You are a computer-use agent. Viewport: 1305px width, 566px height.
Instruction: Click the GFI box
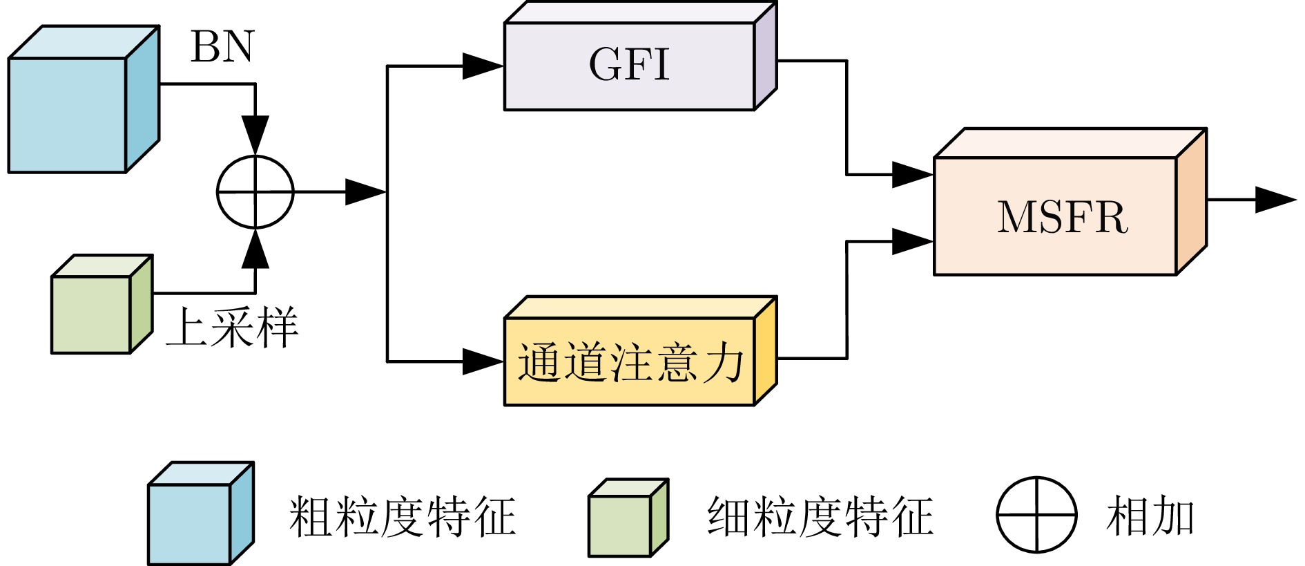click(629, 66)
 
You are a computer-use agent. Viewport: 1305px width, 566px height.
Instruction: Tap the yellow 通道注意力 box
click(629, 361)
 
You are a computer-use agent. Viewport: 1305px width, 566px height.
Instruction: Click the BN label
click(222, 47)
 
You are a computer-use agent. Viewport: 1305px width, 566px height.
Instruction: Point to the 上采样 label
click(232, 327)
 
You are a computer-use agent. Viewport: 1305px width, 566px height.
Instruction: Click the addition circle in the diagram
click(255, 192)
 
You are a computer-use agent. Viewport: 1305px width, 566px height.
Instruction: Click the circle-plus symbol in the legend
click(1036, 515)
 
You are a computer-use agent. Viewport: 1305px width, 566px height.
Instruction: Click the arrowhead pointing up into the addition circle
click(255, 250)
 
